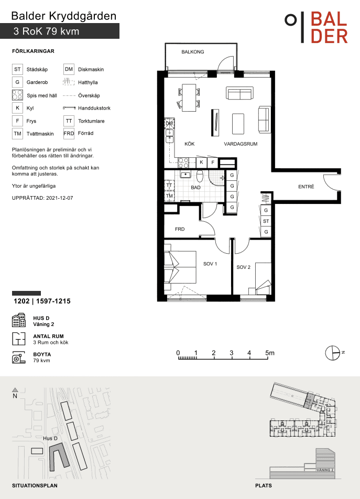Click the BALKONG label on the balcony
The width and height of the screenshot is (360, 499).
193,52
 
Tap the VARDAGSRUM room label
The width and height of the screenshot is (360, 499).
241,144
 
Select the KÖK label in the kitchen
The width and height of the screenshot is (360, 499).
190,144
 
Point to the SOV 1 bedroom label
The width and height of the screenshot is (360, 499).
210,264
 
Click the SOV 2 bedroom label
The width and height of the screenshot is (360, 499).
243,267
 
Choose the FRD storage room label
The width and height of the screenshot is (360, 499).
180,229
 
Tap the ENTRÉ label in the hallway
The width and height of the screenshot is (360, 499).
306,187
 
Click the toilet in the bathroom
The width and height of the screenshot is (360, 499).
200,176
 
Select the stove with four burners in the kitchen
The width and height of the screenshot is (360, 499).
183,163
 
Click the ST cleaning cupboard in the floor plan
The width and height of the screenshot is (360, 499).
266,221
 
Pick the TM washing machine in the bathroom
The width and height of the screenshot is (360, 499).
169,196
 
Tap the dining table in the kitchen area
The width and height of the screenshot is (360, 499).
189,97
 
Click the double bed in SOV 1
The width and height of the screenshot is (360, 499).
180,267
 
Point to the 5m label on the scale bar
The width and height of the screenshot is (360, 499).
270,353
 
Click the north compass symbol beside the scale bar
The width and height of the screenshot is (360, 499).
333,353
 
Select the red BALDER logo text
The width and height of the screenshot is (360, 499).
329,28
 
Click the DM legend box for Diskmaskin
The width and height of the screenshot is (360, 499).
69,69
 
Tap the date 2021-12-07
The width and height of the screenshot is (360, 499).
59,198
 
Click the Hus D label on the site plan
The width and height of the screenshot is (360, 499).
50,439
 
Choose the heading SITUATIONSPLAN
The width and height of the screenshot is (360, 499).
35,485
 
